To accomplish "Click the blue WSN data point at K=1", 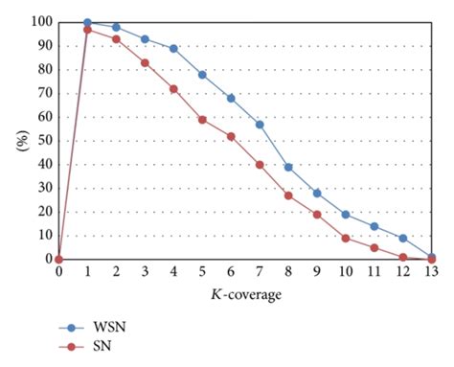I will coord(87,22).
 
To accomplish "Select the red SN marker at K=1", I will coord(87,30).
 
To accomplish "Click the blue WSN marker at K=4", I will coord(173,48).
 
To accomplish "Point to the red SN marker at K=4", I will coord(173,88).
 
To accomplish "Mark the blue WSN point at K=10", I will coord(346,214).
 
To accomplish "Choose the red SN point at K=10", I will coord(346,238).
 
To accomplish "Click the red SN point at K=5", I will coord(202,119).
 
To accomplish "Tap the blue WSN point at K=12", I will coord(403,238).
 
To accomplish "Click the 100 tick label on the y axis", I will coord(40,21).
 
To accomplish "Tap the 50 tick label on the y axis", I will coord(43,140).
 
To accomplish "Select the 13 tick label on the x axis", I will coord(432,272).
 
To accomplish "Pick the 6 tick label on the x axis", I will coord(231,272).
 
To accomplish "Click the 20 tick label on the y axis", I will coord(43,212).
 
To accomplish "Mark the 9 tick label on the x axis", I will coord(317,272).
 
